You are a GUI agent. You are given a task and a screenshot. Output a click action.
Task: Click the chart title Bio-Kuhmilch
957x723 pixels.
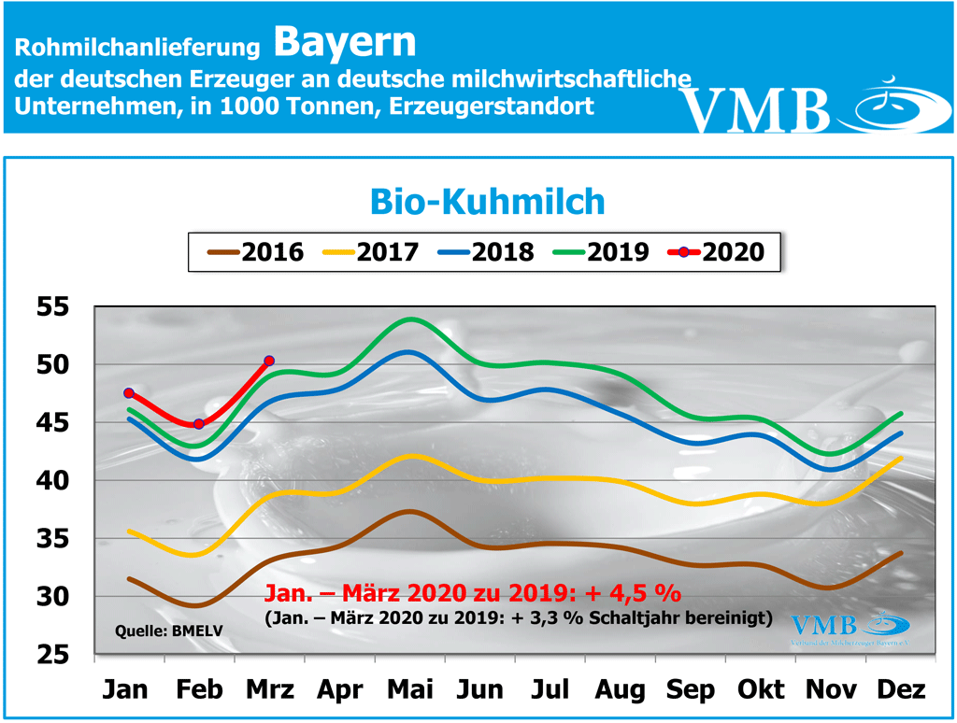click(487, 201)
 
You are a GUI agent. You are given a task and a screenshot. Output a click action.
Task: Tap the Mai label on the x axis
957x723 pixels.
click(411, 690)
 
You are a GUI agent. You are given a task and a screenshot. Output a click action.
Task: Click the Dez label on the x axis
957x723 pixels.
click(902, 690)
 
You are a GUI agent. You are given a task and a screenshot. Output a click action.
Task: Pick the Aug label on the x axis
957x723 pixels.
click(620, 690)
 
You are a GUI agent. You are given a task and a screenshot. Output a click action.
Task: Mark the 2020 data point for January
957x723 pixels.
click(129, 393)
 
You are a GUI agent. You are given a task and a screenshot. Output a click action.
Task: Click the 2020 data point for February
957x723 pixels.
click(198, 424)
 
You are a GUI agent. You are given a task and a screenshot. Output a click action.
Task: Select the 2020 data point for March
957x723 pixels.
click(269, 361)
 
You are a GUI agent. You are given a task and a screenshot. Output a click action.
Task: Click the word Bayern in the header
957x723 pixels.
click(345, 40)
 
